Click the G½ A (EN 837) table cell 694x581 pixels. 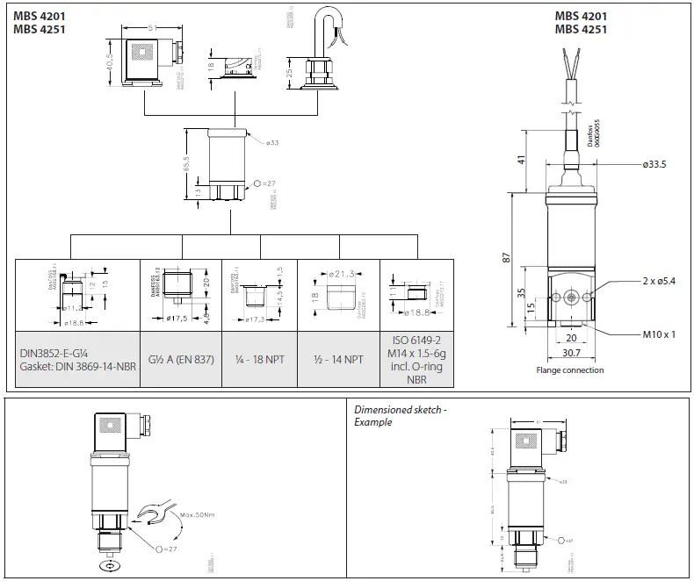click(181, 359)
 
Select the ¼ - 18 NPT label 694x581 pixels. click(261, 359)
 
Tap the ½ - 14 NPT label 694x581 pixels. click(339, 359)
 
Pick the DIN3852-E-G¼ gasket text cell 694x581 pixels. click(78, 359)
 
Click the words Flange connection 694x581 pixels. click(570, 370)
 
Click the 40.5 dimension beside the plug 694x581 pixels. click(110, 65)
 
